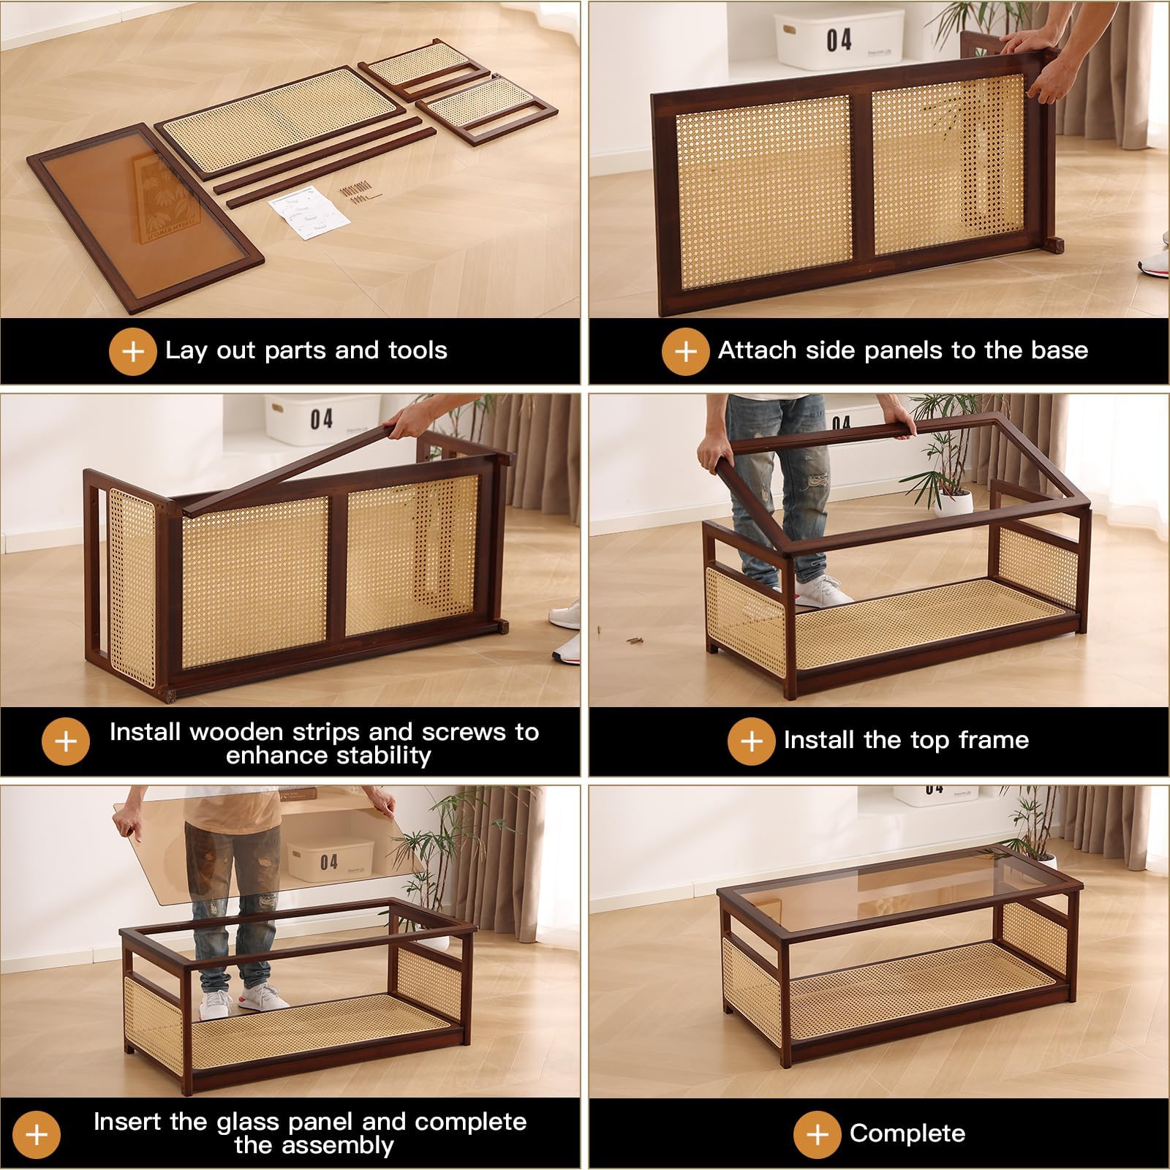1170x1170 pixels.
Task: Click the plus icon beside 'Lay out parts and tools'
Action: pyautogui.click(x=132, y=351)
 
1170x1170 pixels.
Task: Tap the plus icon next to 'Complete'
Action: pyautogui.click(x=817, y=1134)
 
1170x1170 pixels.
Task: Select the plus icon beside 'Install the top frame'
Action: pyautogui.click(x=751, y=741)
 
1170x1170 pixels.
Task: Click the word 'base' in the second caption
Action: pyautogui.click(x=1059, y=350)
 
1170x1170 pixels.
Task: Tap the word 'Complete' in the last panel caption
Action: pyautogui.click(x=907, y=1133)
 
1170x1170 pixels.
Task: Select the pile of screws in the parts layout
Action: pyautogui.click(x=356, y=194)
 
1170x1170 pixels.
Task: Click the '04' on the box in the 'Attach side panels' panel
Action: pyautogui.click(x=839, y=39)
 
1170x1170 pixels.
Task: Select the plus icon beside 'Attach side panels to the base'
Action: pyautogui.click(x=685, y=351)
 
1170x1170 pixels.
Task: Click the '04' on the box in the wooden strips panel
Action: pyautogui.click(x=322, y=419)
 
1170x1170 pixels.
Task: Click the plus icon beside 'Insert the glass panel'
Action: pyautogui.click(x=37, y=1134)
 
